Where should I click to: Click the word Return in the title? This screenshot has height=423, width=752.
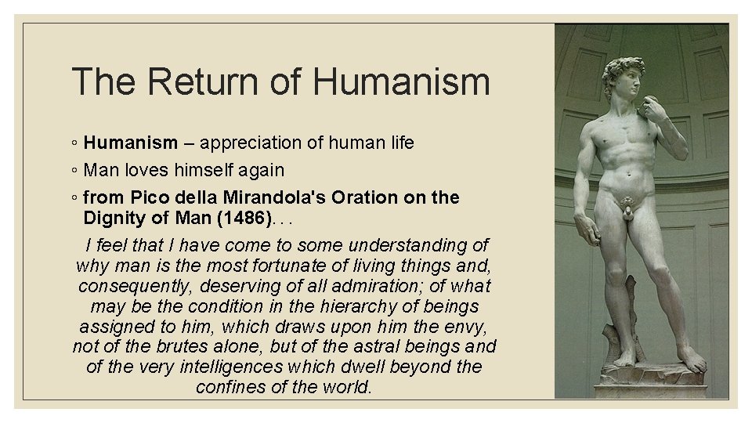(192, 81)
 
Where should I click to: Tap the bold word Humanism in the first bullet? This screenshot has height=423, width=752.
(131, 143)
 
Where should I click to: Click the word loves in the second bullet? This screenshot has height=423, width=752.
(151, 169)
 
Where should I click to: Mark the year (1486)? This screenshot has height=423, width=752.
(237, 215)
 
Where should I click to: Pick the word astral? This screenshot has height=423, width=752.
(393, 346)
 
